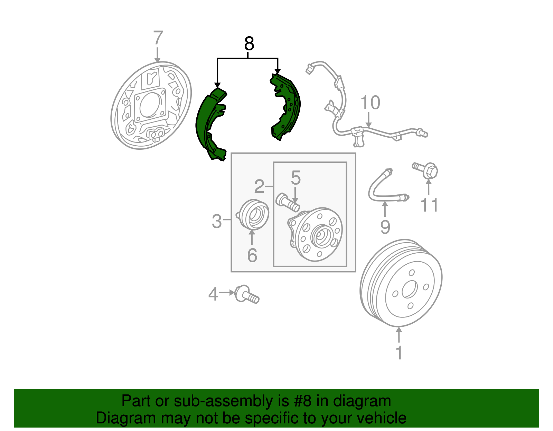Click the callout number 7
[x=158, y=38]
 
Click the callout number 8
[x=249, y=44]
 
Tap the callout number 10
[x=370, y=103]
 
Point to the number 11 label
[x=429, y=205]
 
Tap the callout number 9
[x=385, y=227]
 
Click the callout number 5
[x=296, y=178]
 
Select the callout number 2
[x=259, y=187]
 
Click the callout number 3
[x=217, y=221]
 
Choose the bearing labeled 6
[x=254, y=215]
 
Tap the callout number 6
[x=252, y=255]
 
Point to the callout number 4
[x=213, y=294]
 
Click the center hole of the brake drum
[x=410, y=289]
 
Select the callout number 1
[x=399, y=353]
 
